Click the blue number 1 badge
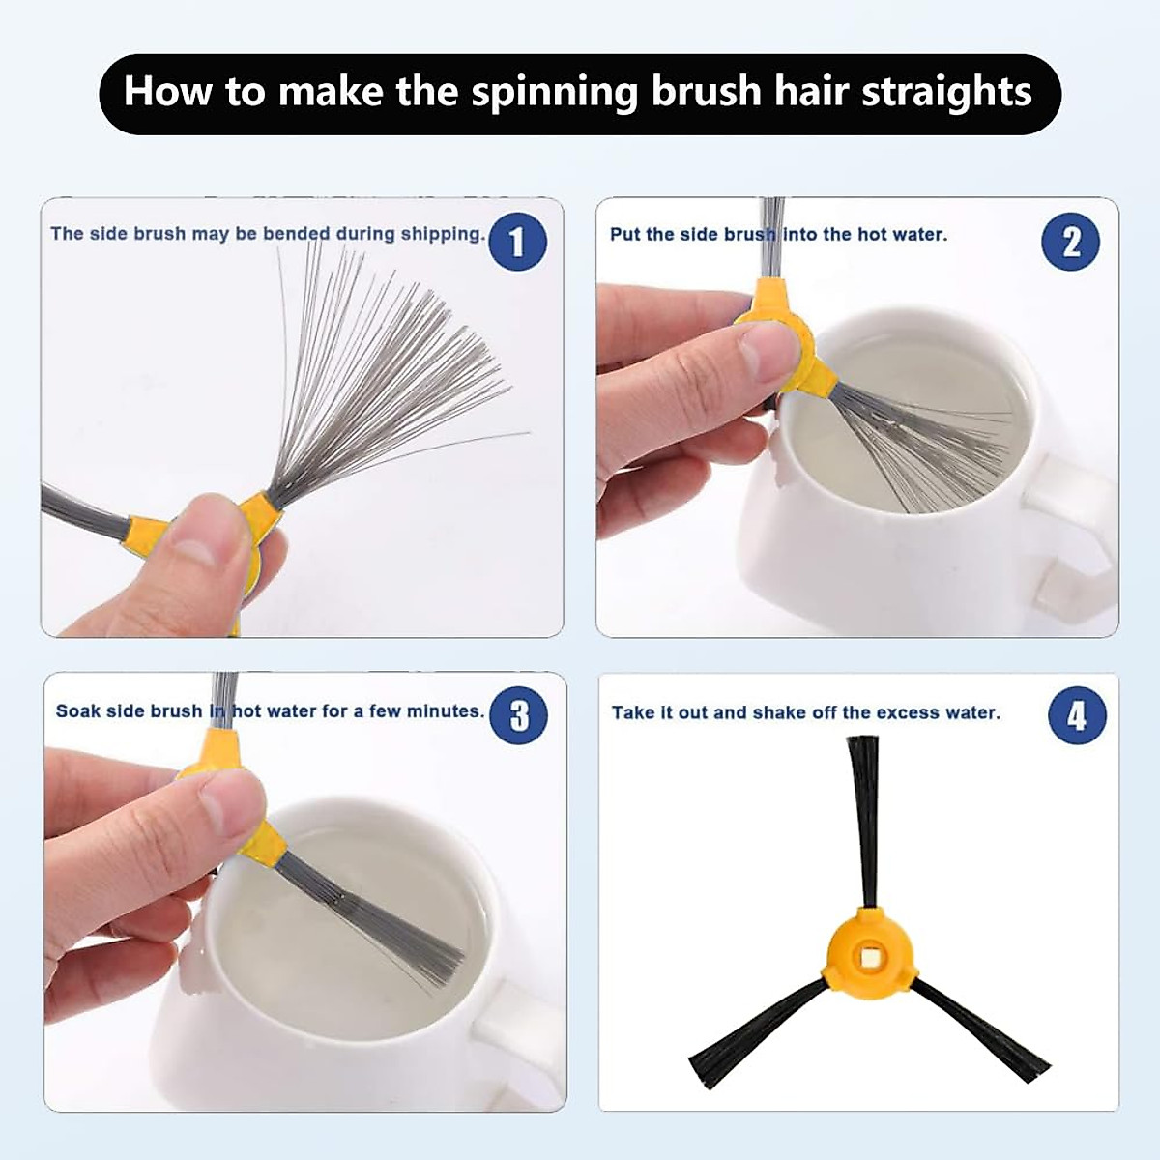pos(518,243)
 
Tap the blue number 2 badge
pos(1070,243)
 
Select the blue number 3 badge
pos(519,715)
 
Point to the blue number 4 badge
pos(1077,716)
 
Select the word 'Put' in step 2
pos(624,234)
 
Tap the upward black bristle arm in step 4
pos(865,823)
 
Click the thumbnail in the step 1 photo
pos(194,552)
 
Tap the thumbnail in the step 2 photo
pos(762,354)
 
